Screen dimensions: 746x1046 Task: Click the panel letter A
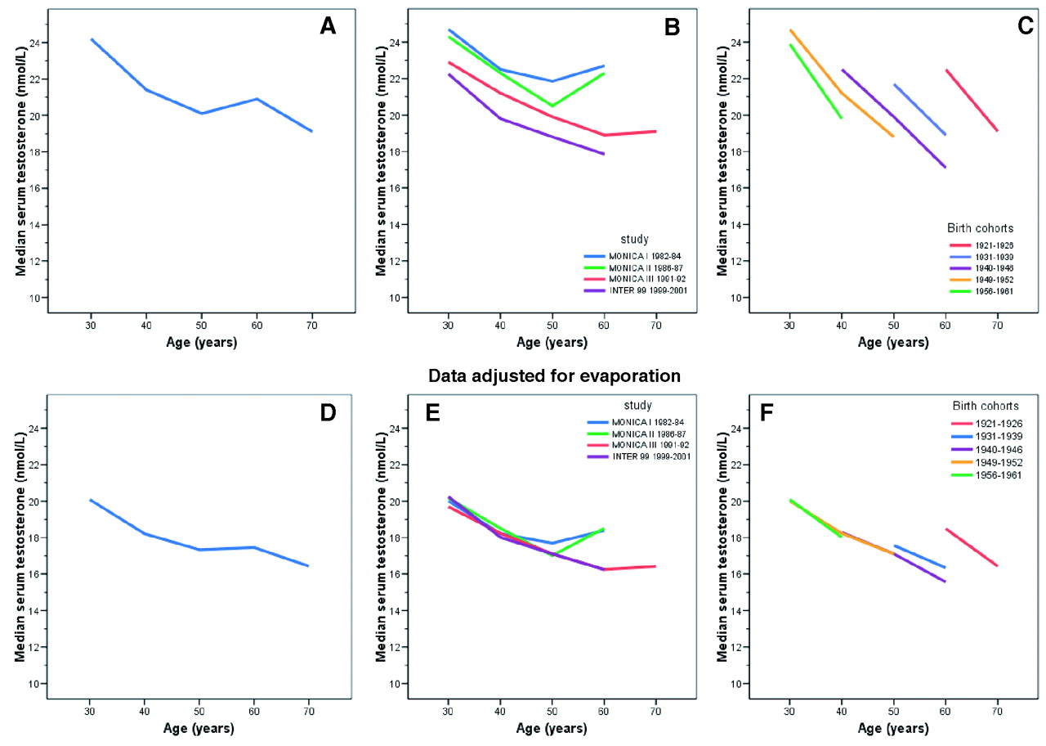click(x=328, y=27)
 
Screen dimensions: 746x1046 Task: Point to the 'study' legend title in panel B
click(x=634, y=240)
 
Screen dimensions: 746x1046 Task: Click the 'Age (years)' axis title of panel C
click(x=893, y=343)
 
